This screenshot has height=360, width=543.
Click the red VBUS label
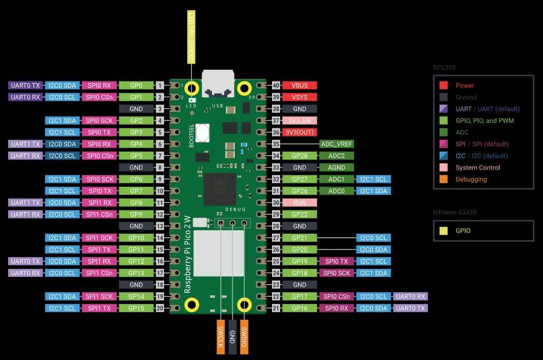tap(300, 86)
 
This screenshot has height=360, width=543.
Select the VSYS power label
tap(300, 97)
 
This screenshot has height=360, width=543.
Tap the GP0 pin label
tap(136, 86)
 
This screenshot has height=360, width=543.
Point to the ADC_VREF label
tap(337, 144)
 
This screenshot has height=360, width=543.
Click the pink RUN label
tap(300, 203)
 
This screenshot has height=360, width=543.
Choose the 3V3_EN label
tap(300, 121)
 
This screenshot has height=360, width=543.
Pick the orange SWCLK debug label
tap(221, 337)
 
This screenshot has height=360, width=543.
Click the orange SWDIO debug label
tap(244, 337)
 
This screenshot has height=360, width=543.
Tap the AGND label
tap(337, 168)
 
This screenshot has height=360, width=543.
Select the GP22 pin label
tap(300, 214)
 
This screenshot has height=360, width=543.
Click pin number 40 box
tap(276, 86)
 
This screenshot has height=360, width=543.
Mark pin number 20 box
tap(160, 308)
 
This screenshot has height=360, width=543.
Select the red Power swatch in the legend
tap(444, 86)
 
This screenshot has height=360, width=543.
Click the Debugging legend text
tap(471, 179)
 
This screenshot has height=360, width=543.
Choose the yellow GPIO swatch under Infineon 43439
tap(444, 231)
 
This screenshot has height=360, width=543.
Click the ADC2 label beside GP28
tap(337, 156)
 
